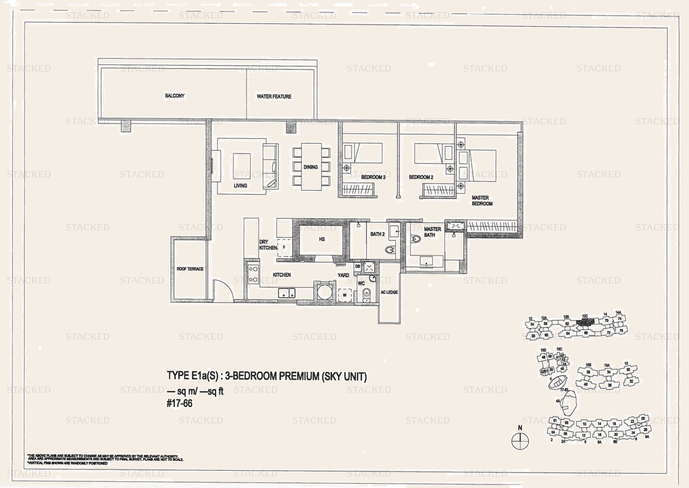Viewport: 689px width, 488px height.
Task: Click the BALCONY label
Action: [x=175, y=96]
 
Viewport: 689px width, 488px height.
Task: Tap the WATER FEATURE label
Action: [x=274, y=96]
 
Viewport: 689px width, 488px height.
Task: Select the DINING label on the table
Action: [x=311, y=167]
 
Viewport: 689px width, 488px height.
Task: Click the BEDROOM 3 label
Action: [x=373, y=177]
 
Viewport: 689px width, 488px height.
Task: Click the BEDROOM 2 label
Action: [x=421, y=177]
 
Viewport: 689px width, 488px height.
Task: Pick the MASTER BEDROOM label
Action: [x=482, y=201]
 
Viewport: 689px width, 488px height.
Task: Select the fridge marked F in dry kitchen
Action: [x=284, y=247]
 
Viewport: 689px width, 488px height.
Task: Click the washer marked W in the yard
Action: [x=344, y=295]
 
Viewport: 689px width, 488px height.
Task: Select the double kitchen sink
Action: [x=287, y=293]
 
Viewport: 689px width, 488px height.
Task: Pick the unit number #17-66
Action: [x=179, y=403]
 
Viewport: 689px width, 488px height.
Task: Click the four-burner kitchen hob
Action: [x=253, y=274]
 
